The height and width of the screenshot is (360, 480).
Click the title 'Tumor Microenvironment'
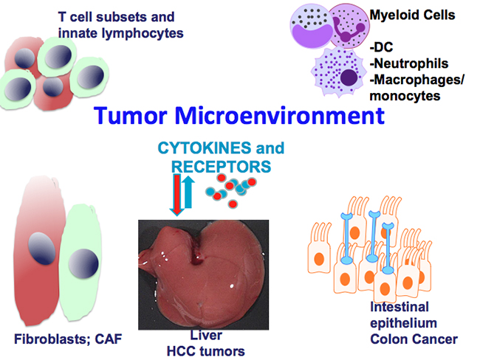tap(239, 117)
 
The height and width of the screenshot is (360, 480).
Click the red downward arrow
tap(176, 194)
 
